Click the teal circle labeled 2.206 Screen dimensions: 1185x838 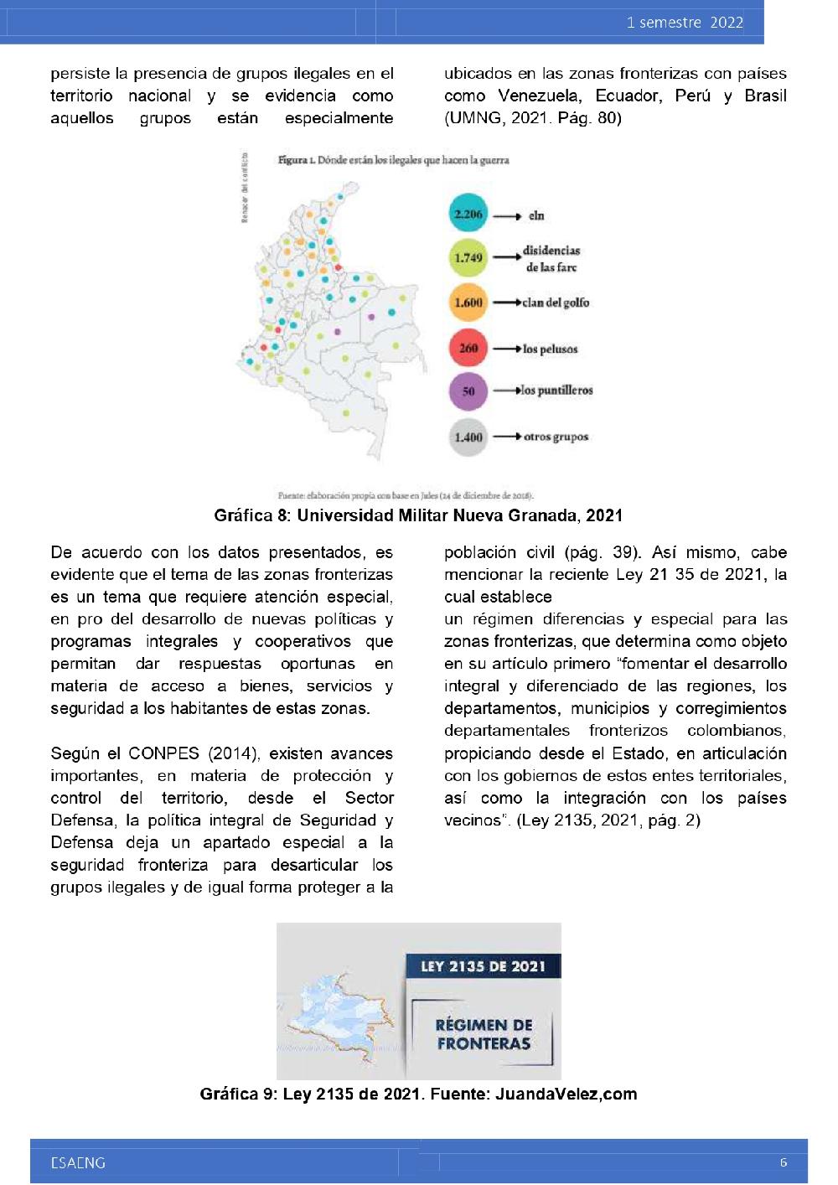click(468, 215)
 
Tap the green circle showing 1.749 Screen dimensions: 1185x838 click(468, 258)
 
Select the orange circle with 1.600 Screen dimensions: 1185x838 click(468, 303)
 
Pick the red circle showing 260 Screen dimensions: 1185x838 click(468, 348)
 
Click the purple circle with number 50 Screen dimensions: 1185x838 click(468, 391)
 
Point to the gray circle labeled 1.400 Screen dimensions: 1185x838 click(468, 437)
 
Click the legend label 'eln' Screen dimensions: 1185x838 click(536, 216)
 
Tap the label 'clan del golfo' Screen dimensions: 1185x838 click(556, 303)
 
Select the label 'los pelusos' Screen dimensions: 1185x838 click(550, 349)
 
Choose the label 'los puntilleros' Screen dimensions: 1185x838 click(556, 391)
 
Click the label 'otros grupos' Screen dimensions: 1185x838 click(556, 437)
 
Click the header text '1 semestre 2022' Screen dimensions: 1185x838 click(685, 23)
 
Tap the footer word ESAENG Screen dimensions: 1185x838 click(78, 1162)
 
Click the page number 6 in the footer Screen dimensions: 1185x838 click(784, 1162)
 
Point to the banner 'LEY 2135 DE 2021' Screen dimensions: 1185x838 click(483, 966)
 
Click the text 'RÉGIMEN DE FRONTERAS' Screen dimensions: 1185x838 click(484, 1034)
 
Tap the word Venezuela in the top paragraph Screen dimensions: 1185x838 click(538, 96)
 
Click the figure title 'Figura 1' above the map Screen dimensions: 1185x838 click(296, 160)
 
